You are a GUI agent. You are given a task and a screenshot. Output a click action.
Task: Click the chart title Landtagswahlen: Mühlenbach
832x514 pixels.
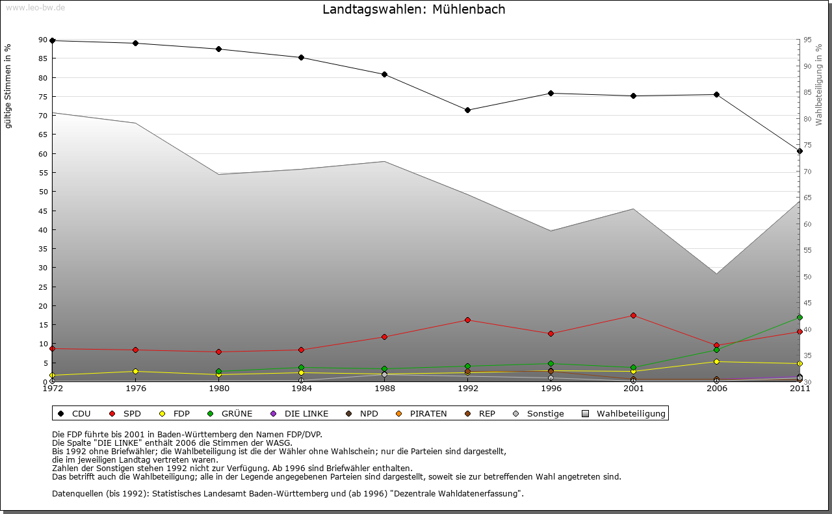pyautogui.click(x=413, y=10)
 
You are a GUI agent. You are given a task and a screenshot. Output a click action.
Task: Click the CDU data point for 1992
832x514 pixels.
pyautogui.click(x=468, y=110)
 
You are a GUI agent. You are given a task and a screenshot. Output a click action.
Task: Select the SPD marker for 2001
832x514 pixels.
pyautogui.click(x=634, y=316)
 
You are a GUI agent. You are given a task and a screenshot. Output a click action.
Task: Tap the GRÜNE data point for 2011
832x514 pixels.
pyautogui.click(x=799, y=318)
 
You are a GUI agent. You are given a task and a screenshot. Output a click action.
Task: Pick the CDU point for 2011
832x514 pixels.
pyautogui.click(x=799, y=151)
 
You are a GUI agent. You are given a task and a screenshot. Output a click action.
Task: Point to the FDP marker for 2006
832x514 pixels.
pyautogui.click(x=716, y=361)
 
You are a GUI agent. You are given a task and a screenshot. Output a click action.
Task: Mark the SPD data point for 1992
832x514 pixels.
pyautogui.click(x=468, y=320)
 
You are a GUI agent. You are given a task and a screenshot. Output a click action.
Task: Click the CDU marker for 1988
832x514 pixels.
pyautogui.click(x=385, y=74)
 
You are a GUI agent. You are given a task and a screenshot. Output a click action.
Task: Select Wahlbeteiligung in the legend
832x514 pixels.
pyautogui.click(x=624, y=414)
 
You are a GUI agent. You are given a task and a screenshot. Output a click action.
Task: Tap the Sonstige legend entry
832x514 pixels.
pyautogui.click(x=539, y=414)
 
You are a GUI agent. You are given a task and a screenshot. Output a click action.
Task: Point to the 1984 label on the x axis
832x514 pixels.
pyautogui.click(x=302, y=389)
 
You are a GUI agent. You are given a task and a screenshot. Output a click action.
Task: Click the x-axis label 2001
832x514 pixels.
pyautogui.click(x=634, y=389)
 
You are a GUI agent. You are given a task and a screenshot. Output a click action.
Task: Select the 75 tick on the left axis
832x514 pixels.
pyautogui.click(x=43, y=97)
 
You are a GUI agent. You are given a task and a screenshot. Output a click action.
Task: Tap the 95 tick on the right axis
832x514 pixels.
pyautogui.click(x=807, y=40)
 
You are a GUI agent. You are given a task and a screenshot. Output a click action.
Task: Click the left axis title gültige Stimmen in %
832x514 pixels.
pyautogui.click(x=8, y=86)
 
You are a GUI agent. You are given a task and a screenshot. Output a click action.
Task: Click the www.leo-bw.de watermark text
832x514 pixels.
pyautogui.click(x=35, y=7)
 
